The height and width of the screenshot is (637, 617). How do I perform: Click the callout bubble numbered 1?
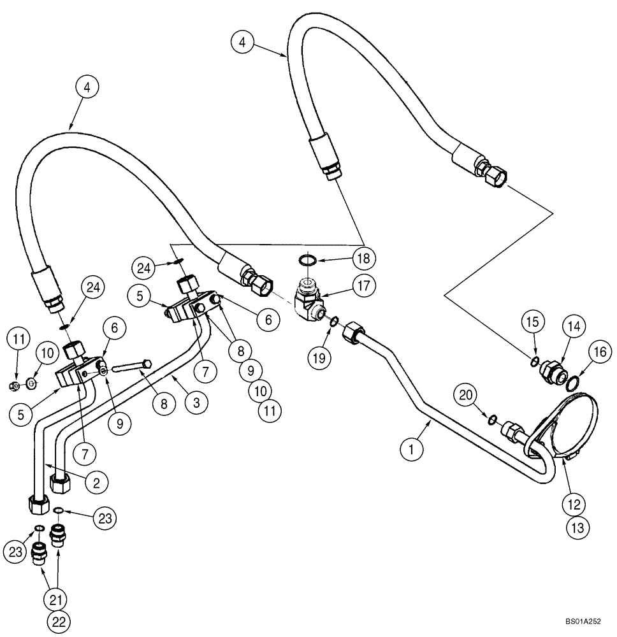412,450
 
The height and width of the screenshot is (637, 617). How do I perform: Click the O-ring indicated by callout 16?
572,383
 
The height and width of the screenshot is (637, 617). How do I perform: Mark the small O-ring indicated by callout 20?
492,419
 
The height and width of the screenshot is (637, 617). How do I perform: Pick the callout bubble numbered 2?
96,483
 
